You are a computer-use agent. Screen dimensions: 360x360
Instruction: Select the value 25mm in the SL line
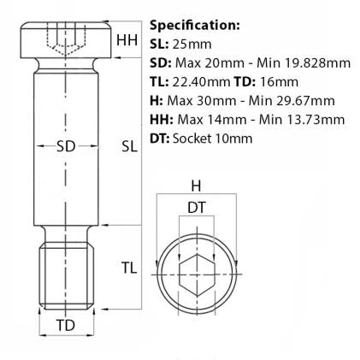pos(192,44)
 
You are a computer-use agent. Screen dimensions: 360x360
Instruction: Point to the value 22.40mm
pos(201,82)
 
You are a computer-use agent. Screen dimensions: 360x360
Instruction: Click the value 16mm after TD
pos(279,82)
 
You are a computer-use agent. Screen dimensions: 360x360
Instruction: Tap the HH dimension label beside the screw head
pos(127,40)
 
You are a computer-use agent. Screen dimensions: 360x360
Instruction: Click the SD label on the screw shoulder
pos(66,146)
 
